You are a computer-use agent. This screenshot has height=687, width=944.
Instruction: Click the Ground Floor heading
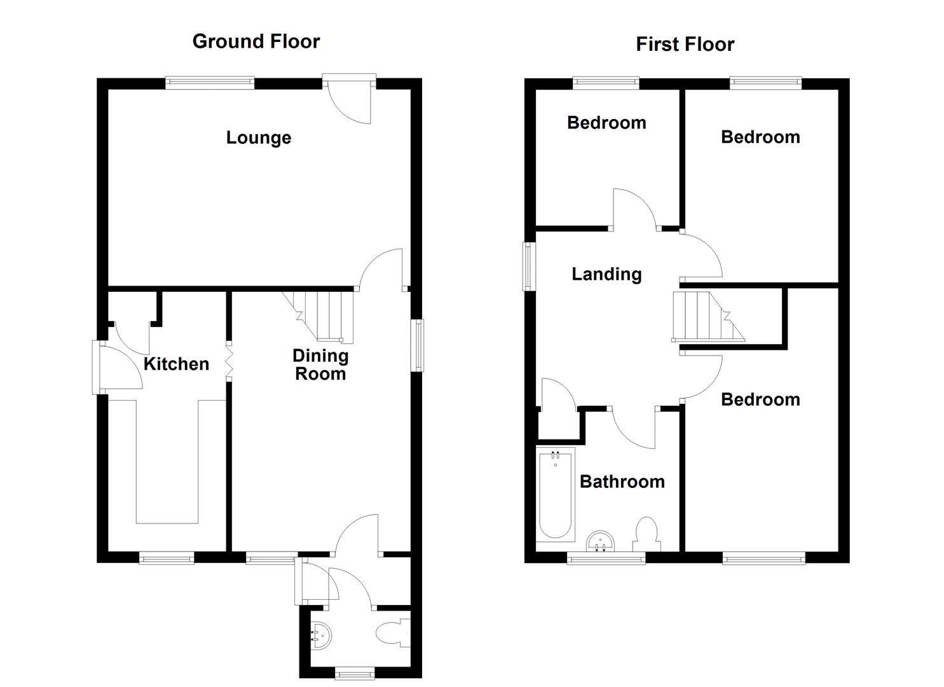click(x=256, y=41)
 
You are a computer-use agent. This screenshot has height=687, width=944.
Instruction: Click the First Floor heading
click(x=685, y=45)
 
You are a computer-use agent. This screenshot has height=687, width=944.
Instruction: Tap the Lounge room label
click(x=258, y=137)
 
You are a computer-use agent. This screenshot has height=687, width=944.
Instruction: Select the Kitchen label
click(x=176, y=364)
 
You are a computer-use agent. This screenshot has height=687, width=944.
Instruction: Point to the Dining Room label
click(x=320, y=364)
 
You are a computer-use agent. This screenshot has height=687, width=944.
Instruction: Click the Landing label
click(x=606, y=274)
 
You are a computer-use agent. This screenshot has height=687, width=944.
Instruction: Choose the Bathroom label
click(x=622, y=482)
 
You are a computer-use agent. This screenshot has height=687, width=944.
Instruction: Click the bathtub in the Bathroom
click(x=556, y=494)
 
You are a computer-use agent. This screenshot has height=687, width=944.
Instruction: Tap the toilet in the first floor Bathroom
click(x=646, y=534)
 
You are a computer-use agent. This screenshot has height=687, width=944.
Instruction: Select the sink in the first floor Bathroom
click(x=600, y=541)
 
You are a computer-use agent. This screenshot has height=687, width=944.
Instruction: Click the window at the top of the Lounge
click(x=210, y=82)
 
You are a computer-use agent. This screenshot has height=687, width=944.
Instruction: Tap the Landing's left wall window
click(x=528, y=266)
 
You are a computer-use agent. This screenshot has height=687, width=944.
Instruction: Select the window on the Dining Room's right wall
click(x=418, y=345)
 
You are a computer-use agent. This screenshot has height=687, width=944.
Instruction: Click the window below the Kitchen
click(x=167, y=559)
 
